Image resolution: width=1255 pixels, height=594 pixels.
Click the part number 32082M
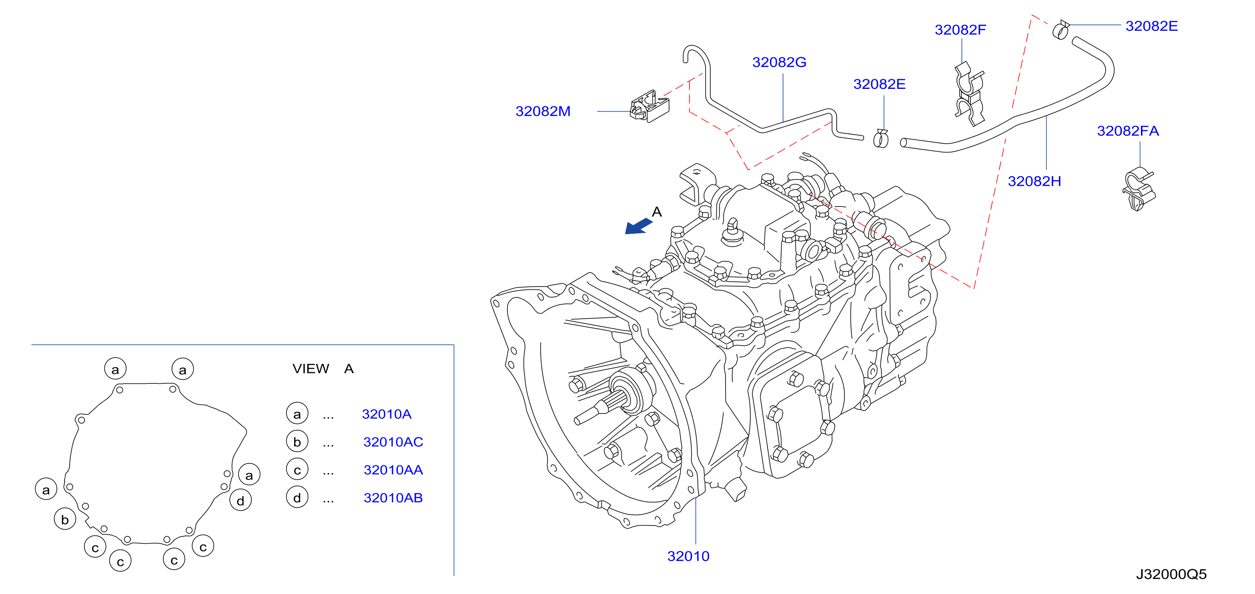tap(543, 111)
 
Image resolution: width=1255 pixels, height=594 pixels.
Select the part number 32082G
tap(779, 62)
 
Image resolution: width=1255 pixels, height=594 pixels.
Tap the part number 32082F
tap(960, 30)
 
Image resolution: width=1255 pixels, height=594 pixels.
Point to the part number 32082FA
tap(1128, 130)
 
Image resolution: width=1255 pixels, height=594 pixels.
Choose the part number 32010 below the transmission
tap(688, 556)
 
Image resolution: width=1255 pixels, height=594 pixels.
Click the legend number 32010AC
tap(393, 442)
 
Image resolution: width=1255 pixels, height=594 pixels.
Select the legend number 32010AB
tap(393, 498)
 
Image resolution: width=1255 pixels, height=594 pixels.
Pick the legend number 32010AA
tap(393, 470)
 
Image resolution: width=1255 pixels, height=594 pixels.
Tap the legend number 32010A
tap(387, 414)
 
